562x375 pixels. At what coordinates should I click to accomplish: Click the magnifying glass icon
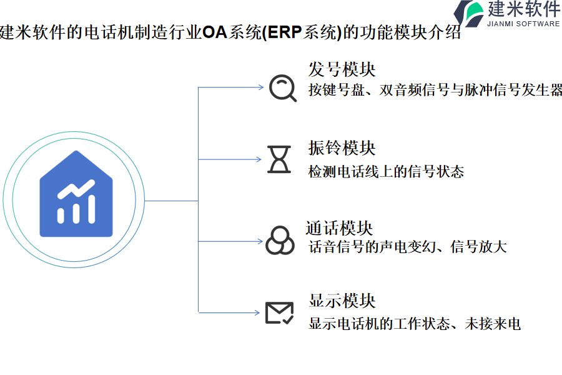point(282,88)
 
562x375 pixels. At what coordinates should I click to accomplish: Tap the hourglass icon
point(279,159)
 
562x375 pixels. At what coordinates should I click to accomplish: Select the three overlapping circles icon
point(280,240)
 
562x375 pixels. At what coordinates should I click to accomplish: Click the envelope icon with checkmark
point(279,312)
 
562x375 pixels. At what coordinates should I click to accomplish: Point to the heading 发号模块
point(342,69)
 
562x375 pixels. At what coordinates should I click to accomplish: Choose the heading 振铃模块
point(342,148)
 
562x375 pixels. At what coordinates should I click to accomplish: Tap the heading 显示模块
point(342,301)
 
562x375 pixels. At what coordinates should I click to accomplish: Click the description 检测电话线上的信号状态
point(386,171)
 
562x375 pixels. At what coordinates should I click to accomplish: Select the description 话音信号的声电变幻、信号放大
point(407,247)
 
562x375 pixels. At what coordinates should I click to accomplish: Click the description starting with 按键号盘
point(435,90)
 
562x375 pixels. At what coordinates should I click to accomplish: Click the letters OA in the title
point(214,32)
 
